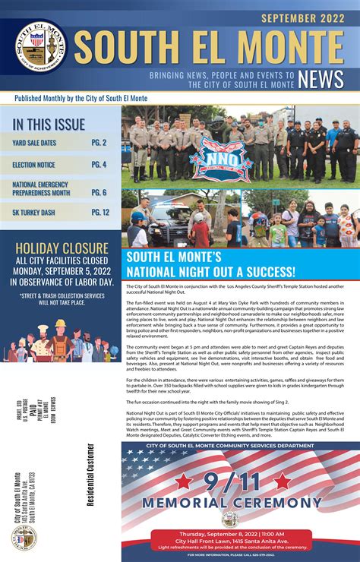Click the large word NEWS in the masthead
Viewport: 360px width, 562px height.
point(321,79)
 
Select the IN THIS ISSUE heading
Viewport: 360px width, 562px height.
point(49,124)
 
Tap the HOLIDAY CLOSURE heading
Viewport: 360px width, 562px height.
point(60,248)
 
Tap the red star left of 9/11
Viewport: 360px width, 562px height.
point(184,481)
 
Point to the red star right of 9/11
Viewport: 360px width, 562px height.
point(283,481)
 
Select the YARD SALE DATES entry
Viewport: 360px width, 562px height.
point(34,142)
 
